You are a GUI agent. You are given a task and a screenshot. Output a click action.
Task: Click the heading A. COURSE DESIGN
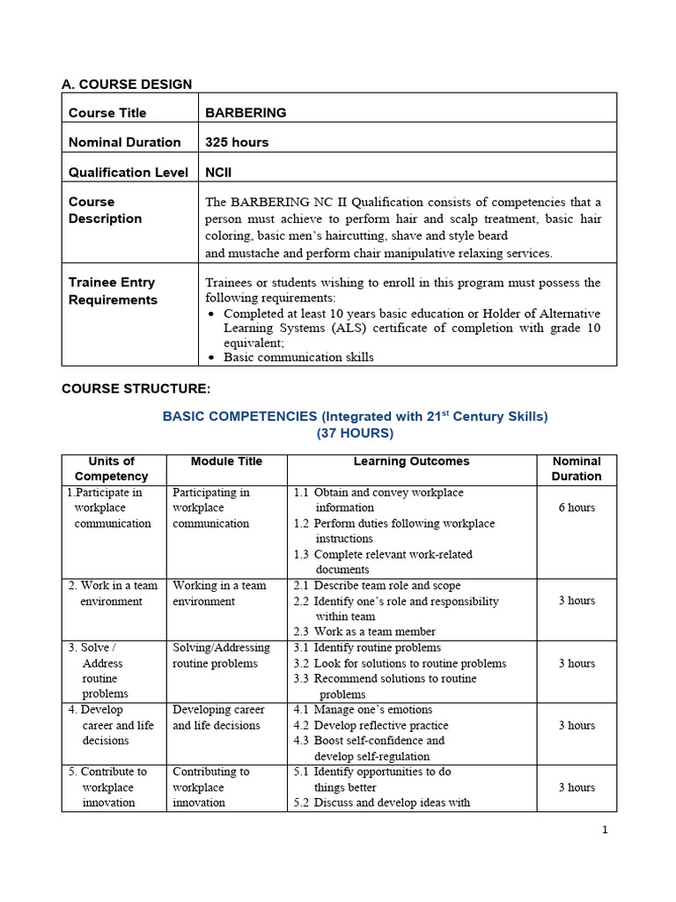click(x=127, y=85)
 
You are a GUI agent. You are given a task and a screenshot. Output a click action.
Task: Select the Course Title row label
click(x=107, y=113)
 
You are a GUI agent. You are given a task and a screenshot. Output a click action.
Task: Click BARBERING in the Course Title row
click(x=246, y=113)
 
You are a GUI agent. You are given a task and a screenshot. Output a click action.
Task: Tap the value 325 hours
click(x=237, y=142)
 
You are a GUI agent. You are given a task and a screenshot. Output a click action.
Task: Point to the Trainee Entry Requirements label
click(x=112, y=291)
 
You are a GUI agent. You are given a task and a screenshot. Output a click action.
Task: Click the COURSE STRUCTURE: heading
click(x=136, y=388)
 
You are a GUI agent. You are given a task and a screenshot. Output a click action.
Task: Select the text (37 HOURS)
click(x=356, y=433)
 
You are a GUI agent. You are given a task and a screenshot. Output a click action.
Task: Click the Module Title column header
click(x=226, y=462)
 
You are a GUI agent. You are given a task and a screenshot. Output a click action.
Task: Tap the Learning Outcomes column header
click(x=411, y=462)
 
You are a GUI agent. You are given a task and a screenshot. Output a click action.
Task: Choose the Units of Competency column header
click(x=112, y=469)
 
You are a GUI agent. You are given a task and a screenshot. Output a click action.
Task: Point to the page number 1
click(x=605, y=829)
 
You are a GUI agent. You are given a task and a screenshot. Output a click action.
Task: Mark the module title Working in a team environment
click(x=219, y=594)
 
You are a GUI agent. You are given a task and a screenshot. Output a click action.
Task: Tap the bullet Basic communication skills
click(x=298, y=357)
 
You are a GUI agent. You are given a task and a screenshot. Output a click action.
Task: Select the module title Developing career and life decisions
click(x=217, y=717)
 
